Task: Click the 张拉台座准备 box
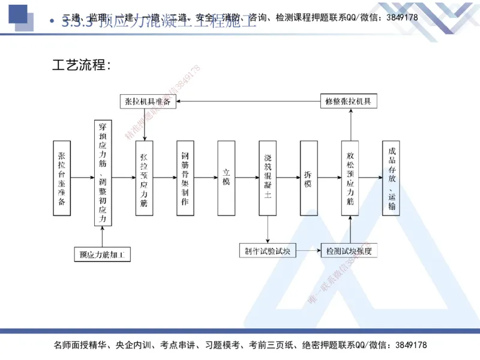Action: [x=62, y=178]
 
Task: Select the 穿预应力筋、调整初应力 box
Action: [x=103, y=173]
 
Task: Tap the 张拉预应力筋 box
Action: [x=144, y=178]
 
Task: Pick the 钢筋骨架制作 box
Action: [x=185, y=178]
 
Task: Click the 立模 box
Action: [x=226, y=178]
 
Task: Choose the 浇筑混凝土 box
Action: [x=268, y=178]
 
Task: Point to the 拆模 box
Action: [x=308, y=178]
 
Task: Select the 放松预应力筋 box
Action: [x=350, y=178]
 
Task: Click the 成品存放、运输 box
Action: [x=391, y=178]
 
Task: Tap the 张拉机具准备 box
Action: [x=148, y=101]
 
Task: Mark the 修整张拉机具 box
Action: [x=349, y=101]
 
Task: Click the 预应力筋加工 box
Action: [x=103, y=254]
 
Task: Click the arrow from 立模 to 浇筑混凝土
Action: [x=247, y=178]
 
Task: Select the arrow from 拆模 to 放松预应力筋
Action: [x=329, y=178]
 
